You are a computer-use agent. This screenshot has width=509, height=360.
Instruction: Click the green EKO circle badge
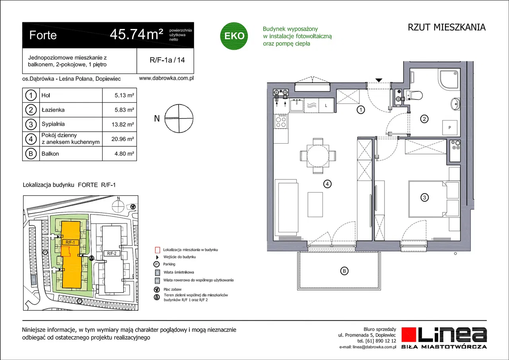234,36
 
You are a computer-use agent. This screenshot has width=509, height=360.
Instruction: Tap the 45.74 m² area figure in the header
136,35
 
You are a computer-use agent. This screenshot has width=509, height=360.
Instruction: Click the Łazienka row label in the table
53,110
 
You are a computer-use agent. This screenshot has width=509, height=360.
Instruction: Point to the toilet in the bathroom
414,95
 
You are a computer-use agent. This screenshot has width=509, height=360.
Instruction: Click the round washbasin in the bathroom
455,104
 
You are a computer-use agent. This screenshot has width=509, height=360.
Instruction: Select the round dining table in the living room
318,156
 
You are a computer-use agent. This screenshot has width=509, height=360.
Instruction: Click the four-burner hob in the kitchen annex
281,121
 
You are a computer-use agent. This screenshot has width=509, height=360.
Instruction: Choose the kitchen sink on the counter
297,105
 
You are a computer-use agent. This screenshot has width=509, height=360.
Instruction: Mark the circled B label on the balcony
344,271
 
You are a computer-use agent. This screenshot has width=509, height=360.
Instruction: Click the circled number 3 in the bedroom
424,197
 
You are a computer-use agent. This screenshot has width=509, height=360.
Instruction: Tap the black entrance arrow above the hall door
379,80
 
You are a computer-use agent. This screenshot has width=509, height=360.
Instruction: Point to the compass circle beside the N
179,119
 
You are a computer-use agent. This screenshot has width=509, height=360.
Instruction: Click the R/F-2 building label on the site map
112,253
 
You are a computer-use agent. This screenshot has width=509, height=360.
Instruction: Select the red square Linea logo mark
408,335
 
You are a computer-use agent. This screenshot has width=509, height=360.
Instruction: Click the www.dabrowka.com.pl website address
166,78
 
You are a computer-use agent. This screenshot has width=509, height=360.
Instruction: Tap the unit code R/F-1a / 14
167,60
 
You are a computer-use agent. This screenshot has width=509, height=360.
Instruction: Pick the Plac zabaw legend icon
157,290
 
